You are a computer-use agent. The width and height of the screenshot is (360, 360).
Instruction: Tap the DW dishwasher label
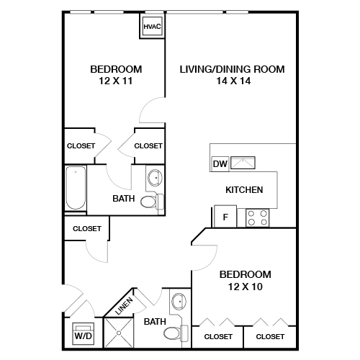point(220,164)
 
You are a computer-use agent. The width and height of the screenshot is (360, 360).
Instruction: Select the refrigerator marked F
point(225,216)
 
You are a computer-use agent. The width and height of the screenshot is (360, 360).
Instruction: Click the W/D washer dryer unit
point(83,334)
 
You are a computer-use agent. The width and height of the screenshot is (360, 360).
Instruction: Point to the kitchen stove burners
point(257,217)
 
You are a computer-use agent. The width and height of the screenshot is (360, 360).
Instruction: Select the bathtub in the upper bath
point(75,189)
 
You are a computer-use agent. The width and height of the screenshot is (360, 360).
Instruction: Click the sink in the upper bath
point(155,178)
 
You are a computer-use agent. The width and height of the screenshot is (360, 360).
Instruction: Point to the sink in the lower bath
point(179,301)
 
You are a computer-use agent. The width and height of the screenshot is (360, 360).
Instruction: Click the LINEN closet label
point(123,306)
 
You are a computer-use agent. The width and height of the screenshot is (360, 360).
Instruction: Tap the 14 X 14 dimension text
point(232,81)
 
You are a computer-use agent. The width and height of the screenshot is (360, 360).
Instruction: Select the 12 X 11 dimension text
point(116,81)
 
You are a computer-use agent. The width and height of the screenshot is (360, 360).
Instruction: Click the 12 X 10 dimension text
point(245,287)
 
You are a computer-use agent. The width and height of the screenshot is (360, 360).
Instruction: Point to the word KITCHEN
point(244,190)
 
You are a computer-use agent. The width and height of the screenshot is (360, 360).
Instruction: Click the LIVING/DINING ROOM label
point(232,69)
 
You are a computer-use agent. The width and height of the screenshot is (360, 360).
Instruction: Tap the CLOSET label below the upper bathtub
point(87,229)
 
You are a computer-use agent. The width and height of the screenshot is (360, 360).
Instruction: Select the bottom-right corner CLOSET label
point(270,336)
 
